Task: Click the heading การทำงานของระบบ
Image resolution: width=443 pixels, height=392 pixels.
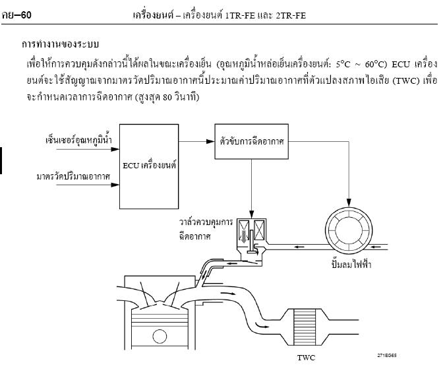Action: tap(60, 44)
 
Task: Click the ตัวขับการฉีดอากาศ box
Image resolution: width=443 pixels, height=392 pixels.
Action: tap(252, 141)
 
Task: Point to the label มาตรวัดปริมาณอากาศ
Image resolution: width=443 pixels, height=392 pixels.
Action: tap(73, 177)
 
